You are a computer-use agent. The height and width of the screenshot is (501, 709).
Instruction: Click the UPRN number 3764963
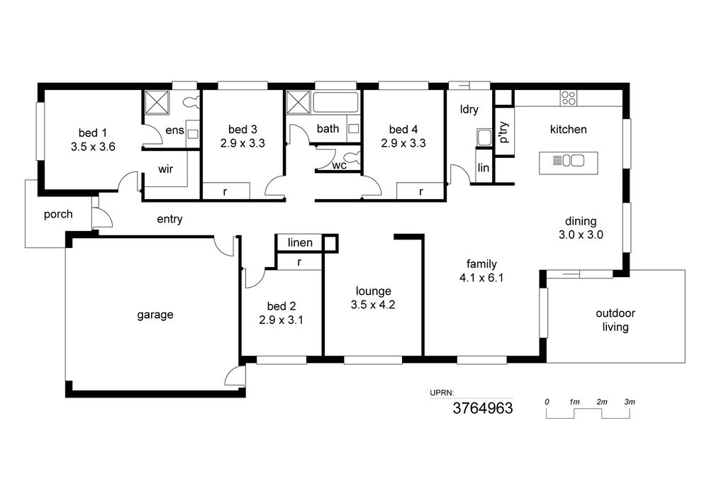(x=483, y=408)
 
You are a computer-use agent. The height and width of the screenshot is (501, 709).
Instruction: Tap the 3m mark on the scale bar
(x=630, y=402)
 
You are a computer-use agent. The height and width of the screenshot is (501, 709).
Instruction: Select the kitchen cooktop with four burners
(x=569, y=98)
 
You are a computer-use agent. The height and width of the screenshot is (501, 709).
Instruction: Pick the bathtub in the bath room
(x=335, y=102)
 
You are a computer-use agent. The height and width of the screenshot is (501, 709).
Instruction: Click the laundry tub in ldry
(x=484, y=137)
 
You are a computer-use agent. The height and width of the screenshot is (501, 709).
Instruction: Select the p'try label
(x=504, y=132)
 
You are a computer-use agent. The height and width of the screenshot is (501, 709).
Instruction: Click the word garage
(x=155, y=315)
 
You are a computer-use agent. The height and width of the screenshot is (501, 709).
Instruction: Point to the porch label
(x=58, y=214)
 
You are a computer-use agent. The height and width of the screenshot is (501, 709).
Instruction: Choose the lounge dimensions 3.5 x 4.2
(x=373, y=305)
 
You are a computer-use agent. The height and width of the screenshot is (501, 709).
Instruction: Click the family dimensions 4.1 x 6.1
(x=481, y=278)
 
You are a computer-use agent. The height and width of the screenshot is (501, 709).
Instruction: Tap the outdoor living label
(x=615, y=320)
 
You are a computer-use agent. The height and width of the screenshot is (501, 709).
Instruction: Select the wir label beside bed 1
(x=165, y=169)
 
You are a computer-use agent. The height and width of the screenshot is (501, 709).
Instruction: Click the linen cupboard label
(x=300, y=242)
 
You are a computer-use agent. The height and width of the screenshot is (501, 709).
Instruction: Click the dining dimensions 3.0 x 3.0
(x=581, y=235)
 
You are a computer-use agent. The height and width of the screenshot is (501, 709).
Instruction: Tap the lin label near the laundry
(x=484, y=168)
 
